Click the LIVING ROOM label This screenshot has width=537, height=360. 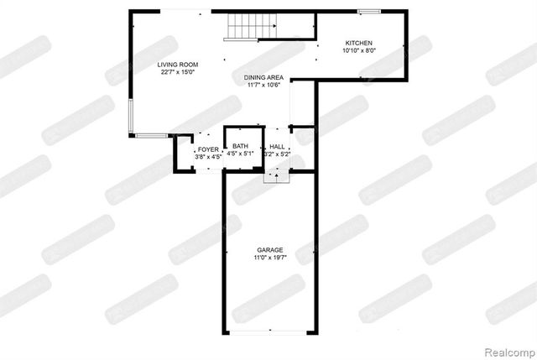point(177,65)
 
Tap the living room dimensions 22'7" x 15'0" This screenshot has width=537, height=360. point(177,72)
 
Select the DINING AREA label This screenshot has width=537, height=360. point(263,77)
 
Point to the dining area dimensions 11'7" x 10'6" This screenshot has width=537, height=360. point(263,85)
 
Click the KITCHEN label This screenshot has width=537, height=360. point(358,43)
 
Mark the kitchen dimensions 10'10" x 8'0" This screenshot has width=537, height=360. point(358,50)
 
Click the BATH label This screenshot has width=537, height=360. point(241,147)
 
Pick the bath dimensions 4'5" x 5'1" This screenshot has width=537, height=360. point(241,154)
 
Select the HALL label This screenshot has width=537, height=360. point(277,147)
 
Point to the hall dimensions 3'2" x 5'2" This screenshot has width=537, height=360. point(277,154)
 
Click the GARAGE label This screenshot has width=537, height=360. point(269,250)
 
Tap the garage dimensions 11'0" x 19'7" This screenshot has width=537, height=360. point(269,258)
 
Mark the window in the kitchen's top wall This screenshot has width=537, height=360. point(369,12)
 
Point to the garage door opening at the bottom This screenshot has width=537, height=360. point(269,332)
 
